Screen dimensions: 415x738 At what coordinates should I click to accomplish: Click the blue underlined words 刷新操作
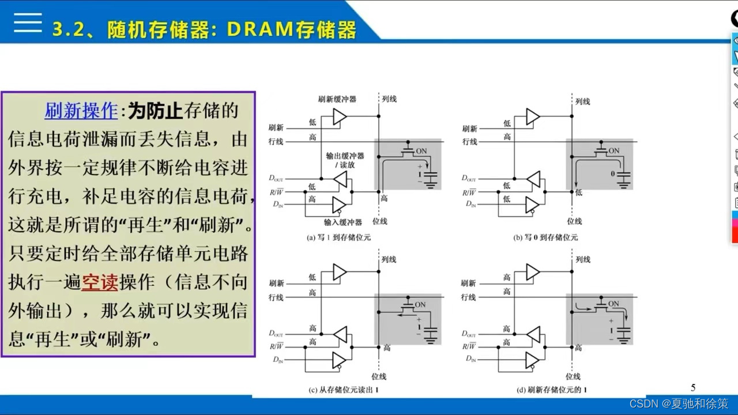click(81, 111)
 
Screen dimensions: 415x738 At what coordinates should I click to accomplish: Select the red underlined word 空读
click(100, 282)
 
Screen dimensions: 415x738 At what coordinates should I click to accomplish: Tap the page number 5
click(693, 388)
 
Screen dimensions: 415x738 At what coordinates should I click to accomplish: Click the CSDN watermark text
click(678, 403)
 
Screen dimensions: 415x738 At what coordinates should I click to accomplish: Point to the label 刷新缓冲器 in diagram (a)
click(337, 99)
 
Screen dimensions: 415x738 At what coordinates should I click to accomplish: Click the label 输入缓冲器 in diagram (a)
click(342, 222)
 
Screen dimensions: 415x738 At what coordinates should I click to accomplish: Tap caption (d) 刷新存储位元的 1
click(552, 390)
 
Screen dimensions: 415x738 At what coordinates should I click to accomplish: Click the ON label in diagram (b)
click(613, 151)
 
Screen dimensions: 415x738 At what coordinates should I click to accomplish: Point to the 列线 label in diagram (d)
click(583, 260)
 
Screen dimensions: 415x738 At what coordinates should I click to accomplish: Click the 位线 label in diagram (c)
click(379, 376)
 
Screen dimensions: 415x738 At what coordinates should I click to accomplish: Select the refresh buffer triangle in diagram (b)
click(532, 117)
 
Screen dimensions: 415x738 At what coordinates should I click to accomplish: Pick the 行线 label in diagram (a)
click(276, 142)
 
